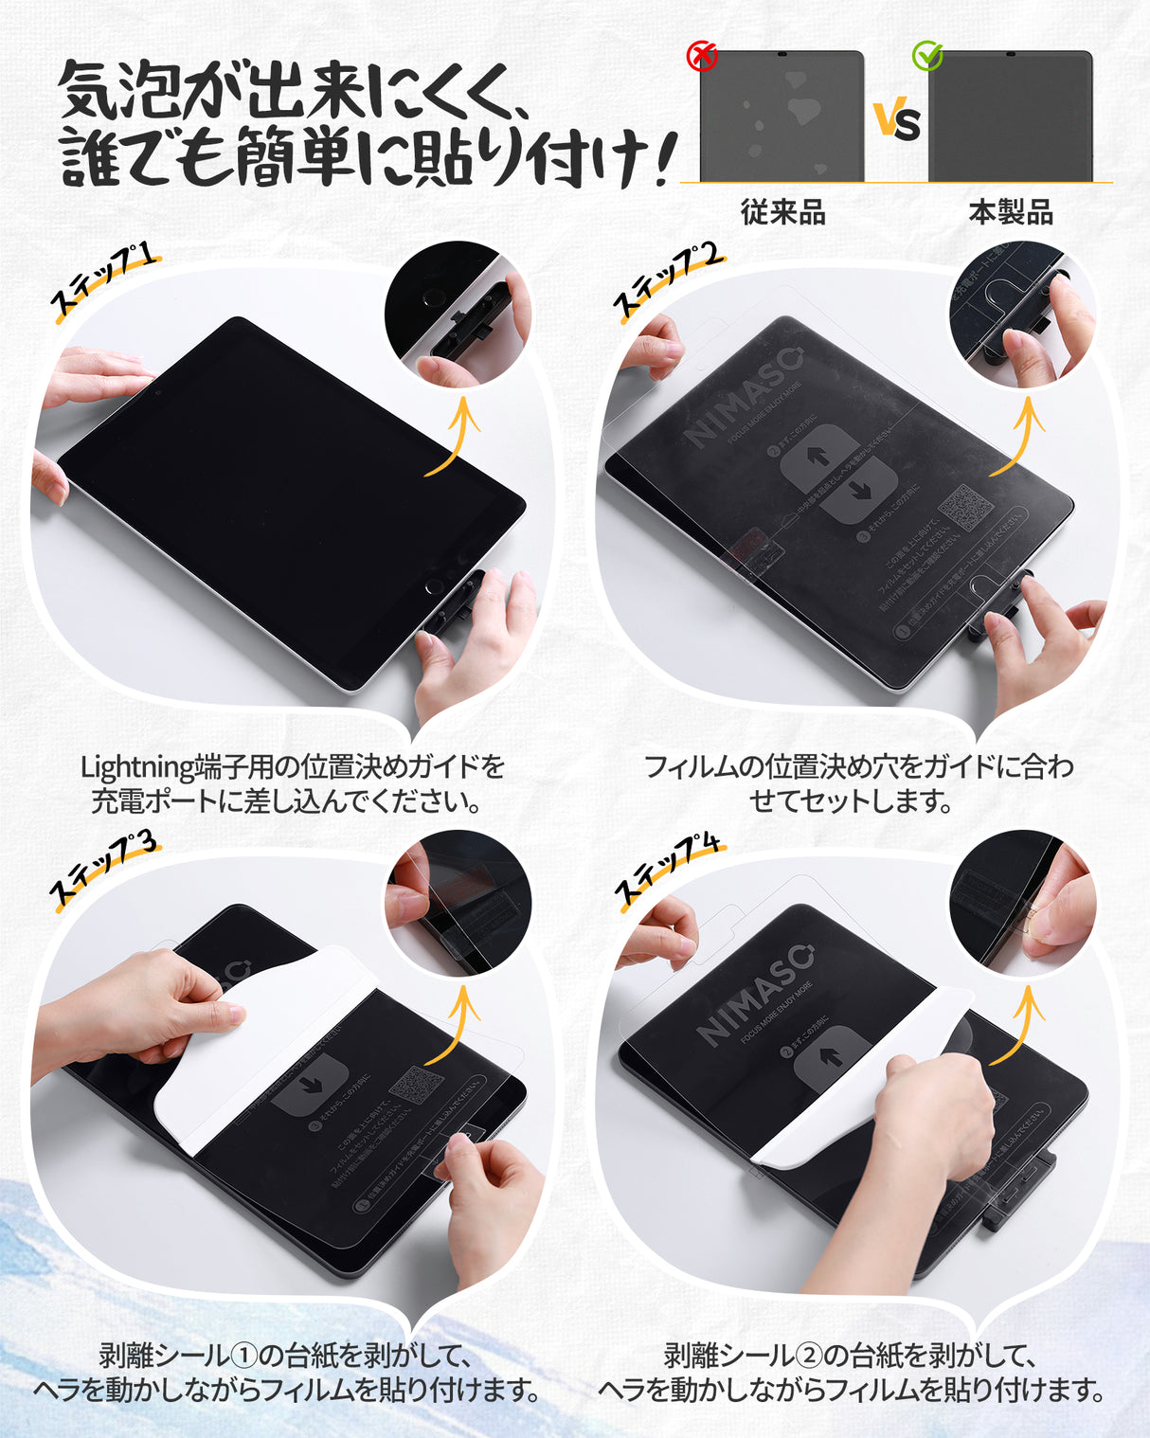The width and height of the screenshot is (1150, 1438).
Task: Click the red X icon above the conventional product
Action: click(702, 56)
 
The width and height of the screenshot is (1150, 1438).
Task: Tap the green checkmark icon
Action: click(927, 56)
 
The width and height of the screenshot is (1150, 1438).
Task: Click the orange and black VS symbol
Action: click(896, 120)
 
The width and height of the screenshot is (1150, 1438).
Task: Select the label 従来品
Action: click(782, 212)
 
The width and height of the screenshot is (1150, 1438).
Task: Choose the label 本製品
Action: click(1011, 212)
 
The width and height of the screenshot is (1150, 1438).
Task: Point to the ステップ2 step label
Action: click(667, 279)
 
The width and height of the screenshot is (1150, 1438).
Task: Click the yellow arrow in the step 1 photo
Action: click(456, 435)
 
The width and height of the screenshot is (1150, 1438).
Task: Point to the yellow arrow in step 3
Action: click(456, 1023)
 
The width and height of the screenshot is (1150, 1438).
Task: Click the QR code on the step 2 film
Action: click(965, 508)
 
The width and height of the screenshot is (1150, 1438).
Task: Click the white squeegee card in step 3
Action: click(246, 1052)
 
